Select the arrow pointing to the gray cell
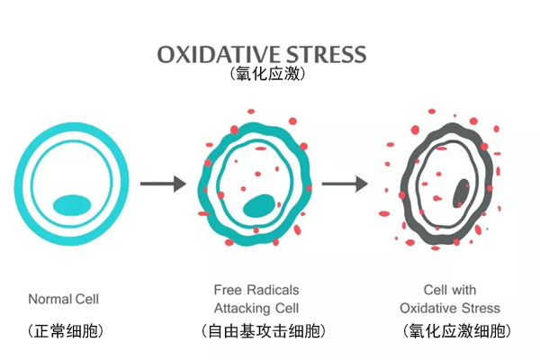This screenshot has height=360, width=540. [x=345, y=184]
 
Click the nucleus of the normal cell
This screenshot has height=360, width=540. [x=71, y=204]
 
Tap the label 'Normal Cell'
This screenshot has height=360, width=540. [x=64, y=299]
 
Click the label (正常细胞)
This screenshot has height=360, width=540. [x=65, y=330]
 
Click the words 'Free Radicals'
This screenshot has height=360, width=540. [x=256, y=291]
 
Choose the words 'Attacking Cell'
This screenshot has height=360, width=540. [x=256, y=307]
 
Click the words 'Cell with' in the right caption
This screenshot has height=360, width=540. [x=449, y=291]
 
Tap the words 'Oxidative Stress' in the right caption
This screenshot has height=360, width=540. [x=449, y=308]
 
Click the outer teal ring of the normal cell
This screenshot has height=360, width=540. [x=21, y=184]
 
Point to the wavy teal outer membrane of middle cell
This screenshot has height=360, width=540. [x=204, y=184]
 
